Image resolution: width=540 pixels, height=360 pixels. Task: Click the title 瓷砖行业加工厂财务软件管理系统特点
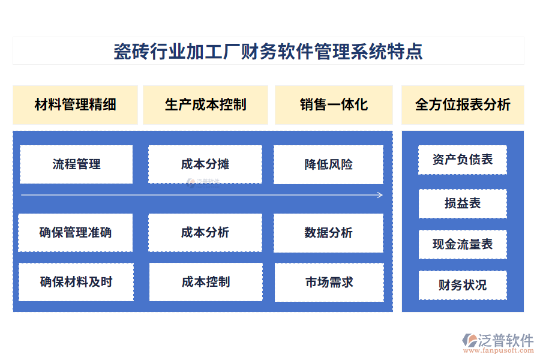(x=268, y=51)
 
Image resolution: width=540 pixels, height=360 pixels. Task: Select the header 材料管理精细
(x=75, y=105)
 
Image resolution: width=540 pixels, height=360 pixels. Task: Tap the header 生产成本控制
(x=205, y=105)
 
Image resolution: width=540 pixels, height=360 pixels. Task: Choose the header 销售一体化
(x=334, y=105)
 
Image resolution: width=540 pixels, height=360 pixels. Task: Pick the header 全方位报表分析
(x=463, y=105)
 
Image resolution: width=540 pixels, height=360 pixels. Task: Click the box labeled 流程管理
(x=76, y=164)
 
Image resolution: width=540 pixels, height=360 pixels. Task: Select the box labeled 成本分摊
(x=205, y=164)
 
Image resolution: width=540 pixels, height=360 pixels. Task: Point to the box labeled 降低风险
(x=329, y=164)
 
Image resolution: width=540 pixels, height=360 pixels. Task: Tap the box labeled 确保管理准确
(x=76, y=233)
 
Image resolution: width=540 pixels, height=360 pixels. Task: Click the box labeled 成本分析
(x=205, y=233)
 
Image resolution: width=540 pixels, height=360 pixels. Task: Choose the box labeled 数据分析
(x=329, y=233)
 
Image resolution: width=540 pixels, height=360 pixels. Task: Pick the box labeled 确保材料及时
(x=76, y=282)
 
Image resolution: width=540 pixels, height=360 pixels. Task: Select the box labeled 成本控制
(x=206, y=282)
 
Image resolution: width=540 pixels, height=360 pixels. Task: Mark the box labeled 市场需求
(x=329, y=283)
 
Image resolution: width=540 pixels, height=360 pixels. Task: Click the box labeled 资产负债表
(x=463, y=160)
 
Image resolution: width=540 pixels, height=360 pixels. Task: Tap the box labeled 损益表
(x=463, y=203)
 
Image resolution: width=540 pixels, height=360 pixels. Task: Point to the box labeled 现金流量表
(x=463, y=244)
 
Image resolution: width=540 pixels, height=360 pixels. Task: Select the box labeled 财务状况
(x=463, y=285)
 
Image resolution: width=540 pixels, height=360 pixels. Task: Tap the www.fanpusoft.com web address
(x=499, y=350)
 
